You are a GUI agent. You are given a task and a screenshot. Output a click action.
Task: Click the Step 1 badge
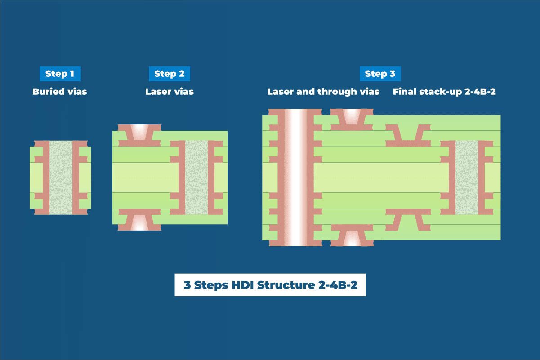(x=60, y=74)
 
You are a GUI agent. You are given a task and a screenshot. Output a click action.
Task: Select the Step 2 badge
(x=169, y=74)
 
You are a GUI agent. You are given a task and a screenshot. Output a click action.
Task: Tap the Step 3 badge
(x=380, y=74)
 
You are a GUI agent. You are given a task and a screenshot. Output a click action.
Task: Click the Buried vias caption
(x=60, y=92)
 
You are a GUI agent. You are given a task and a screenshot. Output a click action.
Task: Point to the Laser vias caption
(x=170, y=92)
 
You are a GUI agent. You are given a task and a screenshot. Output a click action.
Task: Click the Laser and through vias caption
(x=323, y=92)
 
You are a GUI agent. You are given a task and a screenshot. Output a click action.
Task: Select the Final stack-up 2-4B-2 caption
(x=444, y=92)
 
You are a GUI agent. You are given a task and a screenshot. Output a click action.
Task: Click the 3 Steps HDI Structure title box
(x=270, y=285)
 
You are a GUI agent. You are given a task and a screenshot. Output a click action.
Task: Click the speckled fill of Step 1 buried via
(x=60, y=177)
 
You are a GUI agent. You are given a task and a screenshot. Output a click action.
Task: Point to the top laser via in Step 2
(x=139, y=131)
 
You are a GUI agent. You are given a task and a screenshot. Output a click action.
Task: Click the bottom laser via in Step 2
(x=139, y=222)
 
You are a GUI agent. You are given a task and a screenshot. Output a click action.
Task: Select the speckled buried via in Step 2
(x=196, y=177)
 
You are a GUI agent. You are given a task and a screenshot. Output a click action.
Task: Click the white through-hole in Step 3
(x=295, y=177)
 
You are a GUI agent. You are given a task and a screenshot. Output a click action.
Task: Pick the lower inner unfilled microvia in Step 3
(x=407, y=220)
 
